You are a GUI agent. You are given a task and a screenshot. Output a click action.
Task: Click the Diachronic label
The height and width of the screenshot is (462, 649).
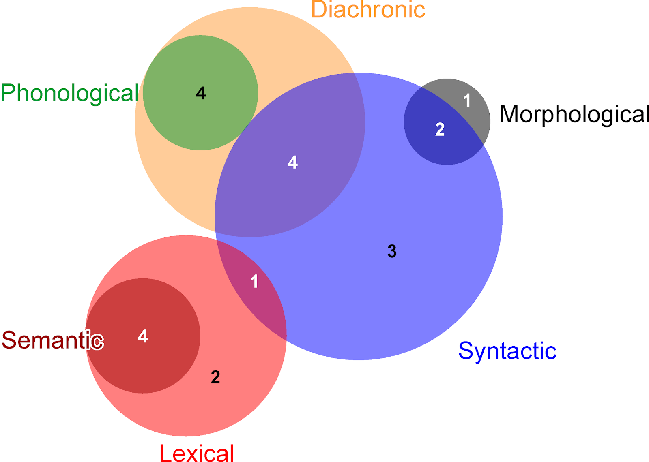coord(368,10)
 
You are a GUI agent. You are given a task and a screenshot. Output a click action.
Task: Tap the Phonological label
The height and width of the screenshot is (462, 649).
coord(70,93)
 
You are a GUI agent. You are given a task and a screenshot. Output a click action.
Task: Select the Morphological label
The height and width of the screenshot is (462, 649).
coord(574,114)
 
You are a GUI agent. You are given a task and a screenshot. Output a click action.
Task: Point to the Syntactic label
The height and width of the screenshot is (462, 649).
coord(507,351)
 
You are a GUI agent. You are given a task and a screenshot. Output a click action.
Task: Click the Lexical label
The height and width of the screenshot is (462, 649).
coord(197,453)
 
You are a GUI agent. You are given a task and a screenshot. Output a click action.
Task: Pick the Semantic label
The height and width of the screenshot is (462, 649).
coord(53,340)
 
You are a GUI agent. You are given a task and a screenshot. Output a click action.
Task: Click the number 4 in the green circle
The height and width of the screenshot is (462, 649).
coord(201,94)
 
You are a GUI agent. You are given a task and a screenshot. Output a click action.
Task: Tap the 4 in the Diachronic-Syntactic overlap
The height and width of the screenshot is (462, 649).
coord(292,163)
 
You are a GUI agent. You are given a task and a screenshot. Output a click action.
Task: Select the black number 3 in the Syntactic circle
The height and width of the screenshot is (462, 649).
coord(392,251)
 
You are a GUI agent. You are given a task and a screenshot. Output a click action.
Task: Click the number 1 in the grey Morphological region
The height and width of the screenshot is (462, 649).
coord(467,101)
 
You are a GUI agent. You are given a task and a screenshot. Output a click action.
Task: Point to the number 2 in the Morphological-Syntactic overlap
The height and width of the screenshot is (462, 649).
coord(440,130)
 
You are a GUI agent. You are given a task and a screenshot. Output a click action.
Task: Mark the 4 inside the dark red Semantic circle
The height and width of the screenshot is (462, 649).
coord(142,336)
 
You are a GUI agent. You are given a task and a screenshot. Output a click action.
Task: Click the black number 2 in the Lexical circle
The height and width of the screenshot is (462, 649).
coord(215,377)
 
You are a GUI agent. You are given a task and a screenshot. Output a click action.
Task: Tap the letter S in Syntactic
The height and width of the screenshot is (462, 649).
coord(465,351)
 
